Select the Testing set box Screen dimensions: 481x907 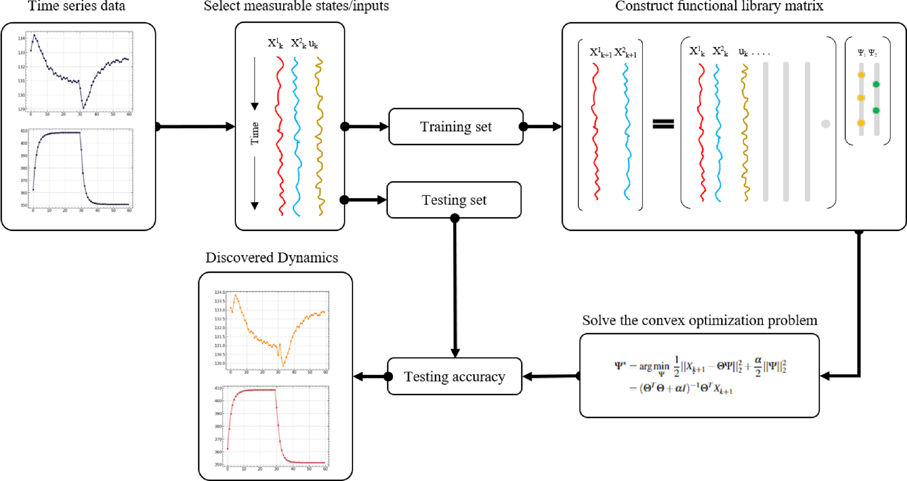pos(454,200)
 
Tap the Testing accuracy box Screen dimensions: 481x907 pos(454,377)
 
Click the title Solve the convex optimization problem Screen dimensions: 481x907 pos(699,320)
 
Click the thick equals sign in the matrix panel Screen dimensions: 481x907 pos(663,124)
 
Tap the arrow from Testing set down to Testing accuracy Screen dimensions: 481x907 pos(455,289)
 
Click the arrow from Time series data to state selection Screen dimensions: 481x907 pos(195,126)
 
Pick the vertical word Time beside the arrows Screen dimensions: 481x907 pos(255,134)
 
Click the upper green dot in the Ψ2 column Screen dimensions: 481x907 pos(876,84)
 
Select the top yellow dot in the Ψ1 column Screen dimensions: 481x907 pos(861,75)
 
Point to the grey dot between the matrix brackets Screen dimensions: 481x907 pos(826,124)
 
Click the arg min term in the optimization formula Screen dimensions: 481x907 pos(654,367)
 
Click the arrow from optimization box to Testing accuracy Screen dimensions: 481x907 pos(551,376)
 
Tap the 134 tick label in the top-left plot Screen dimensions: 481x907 pos(21,38)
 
